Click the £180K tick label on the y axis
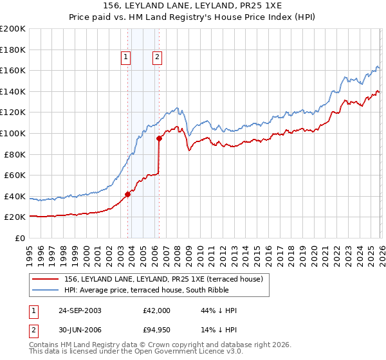(13, 50)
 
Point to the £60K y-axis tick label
(15, 175)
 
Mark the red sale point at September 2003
(128, 194)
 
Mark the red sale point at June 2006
(159, 137)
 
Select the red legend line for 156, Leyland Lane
(46, 279)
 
